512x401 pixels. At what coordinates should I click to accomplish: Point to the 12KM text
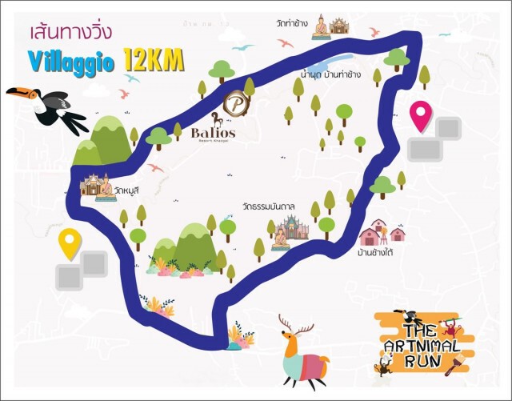point(154,61)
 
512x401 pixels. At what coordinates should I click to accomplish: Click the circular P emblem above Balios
point(236,104)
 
